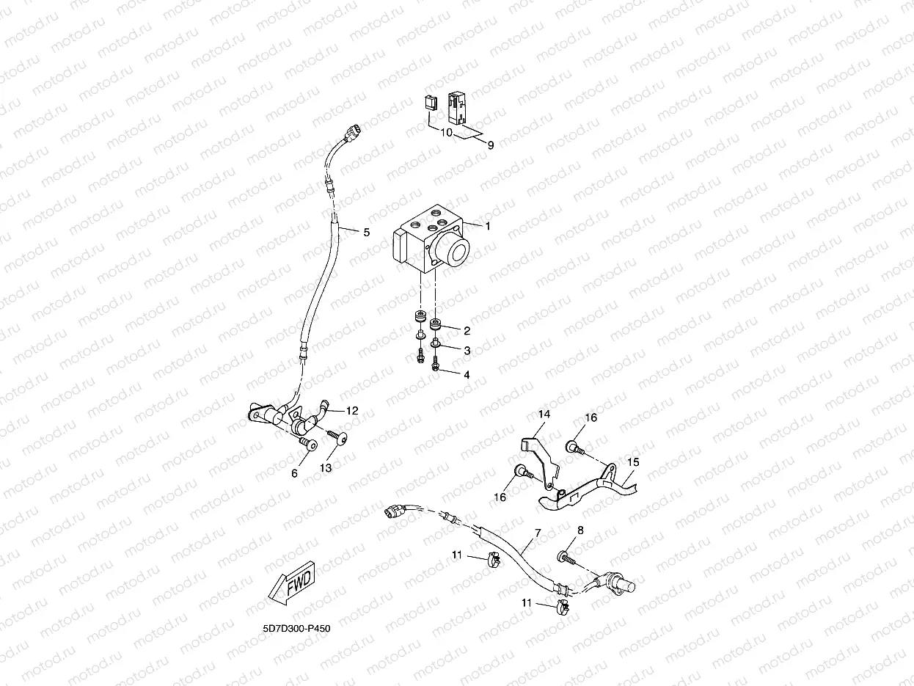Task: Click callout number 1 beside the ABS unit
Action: click(x=488, y=226)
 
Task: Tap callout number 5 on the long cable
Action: click(x=367, y=233)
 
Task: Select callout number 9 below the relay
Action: click(x=491, y=145)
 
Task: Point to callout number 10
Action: click(x=446, y=133)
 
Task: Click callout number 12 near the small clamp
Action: click(x=352, y=411)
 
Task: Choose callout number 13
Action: click(x=326, y=468)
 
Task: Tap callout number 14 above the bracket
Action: click(x=544, y=414)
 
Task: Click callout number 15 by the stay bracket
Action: click(x=633, y=462)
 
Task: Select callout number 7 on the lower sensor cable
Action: click(x=538, y=533)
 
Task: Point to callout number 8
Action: click(x=580, y=530)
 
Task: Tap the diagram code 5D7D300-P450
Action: click(x=296, y=628)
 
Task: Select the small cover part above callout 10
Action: click(x=430, y=103)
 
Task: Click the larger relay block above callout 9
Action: click(x=457, y=109)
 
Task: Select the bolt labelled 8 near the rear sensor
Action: click(x=567, y=558)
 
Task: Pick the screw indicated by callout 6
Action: click(x=307, y=443)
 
